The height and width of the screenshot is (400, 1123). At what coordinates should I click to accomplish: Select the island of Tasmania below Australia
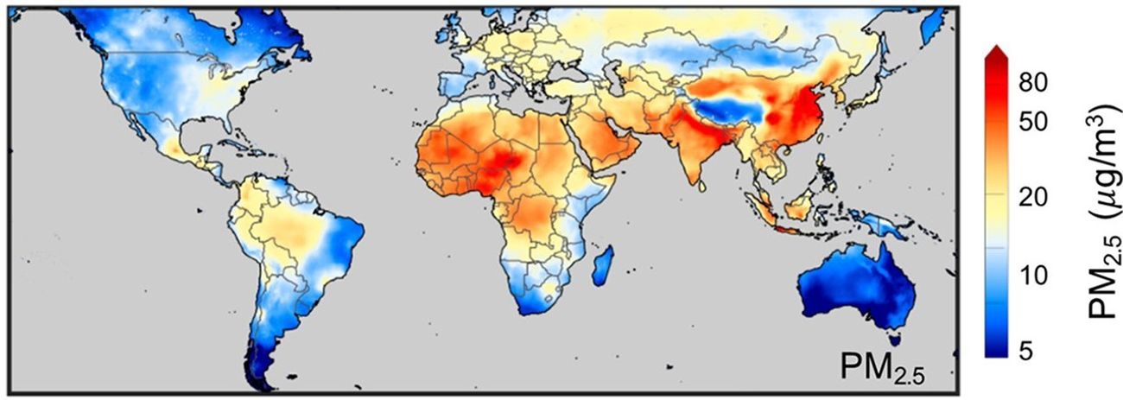(898, 340)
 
